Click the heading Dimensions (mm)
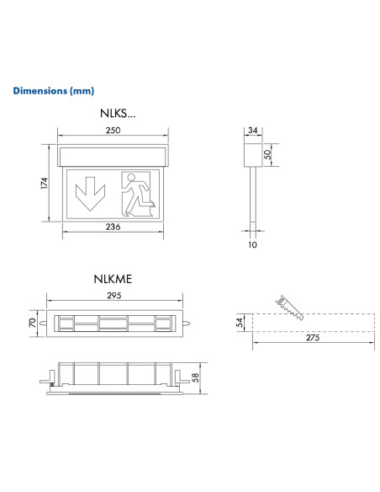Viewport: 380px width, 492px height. pyautogui.click(x=54, y=90)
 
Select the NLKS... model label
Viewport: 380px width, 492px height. pyautogui.click(x=116, y=112)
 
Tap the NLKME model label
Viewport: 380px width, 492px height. pyautogui.click(x=115, y=276)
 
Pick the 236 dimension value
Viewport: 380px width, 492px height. pyautogui.click(x=113, y=227)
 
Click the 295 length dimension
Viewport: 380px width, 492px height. pyautogui.click(x=115, y=295)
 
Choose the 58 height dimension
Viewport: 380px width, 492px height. pyautogui.click(x=197, y=377)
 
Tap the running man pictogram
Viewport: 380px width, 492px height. pyautogui.click(x=137, y=192)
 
